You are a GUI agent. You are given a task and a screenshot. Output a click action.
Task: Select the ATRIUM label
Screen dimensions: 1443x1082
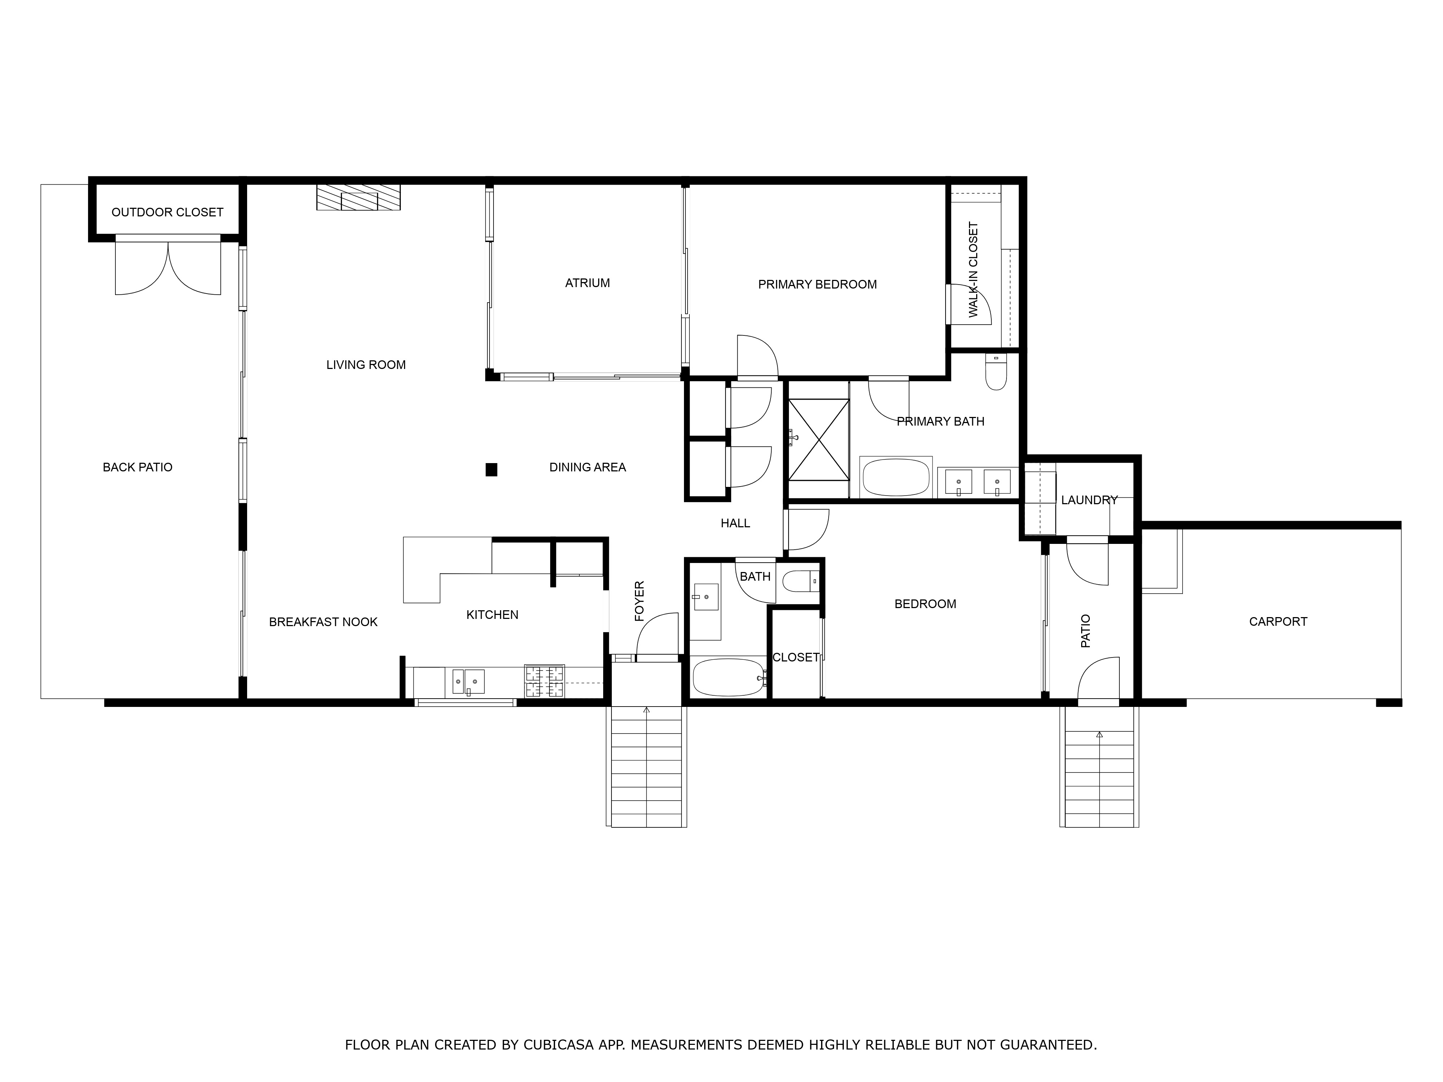click(x=587, y=283)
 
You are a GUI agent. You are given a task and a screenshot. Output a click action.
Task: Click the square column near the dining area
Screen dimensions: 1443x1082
click(x=491, y=470)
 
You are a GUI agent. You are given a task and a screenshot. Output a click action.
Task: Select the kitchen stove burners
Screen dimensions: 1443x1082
click(x=544, y=682)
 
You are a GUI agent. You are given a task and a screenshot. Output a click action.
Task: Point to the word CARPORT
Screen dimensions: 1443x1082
click(x=1278, y=621)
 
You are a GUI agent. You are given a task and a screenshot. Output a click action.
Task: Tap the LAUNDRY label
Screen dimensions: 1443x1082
click(x=1089, y=500)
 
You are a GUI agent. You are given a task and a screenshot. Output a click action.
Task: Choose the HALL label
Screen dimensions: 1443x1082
click(x=735, y=523)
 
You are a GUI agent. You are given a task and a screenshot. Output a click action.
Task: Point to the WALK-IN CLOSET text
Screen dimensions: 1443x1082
click(x=973, y=270)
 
